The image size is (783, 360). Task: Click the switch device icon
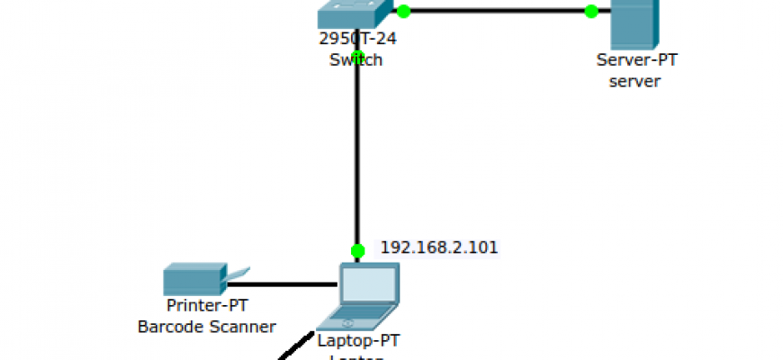coord(355,13)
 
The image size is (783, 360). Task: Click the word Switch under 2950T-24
coord(355,60)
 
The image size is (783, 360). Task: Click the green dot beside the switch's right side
coord(403,11)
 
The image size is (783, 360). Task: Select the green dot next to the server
coord(591,11)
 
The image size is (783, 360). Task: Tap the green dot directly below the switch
coord(357,58)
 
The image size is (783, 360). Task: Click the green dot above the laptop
coord(357,250)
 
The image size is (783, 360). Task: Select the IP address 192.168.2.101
coord(439,247)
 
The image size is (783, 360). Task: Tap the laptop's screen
coord(369,284)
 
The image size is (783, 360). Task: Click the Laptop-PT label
coord(358,341)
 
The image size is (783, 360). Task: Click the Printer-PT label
coord(207,305)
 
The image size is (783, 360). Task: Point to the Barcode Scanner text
coord(207,326)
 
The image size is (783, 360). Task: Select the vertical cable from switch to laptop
coord(357,153)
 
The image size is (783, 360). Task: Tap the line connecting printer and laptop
coord(283,284)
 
